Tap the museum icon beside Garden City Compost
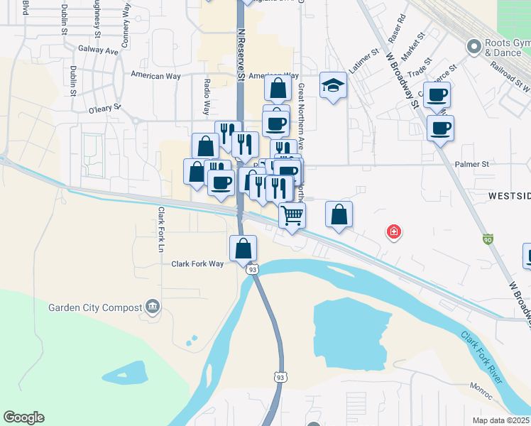pyautogui.click(x=152, y=307)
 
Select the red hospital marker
pyautogui.click(x=393, y=231)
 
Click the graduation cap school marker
pyautogui.click(x=333, y=86)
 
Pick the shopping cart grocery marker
pyautogui.click(x=292, y=214)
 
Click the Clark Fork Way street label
pyautogui.click(x=197, y=263)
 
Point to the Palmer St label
pyautogui.click(x=472, y=164)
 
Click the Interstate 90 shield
pyautogui.click(x=487, y=240)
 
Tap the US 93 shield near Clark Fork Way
pyautogui.click(x=252, y=269)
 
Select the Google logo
pyautogui.click(x=23, y=417)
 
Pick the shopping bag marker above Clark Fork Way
pyautogui.click(x=243, y=248)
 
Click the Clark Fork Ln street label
pyautogui.click(x=161, y=229)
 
